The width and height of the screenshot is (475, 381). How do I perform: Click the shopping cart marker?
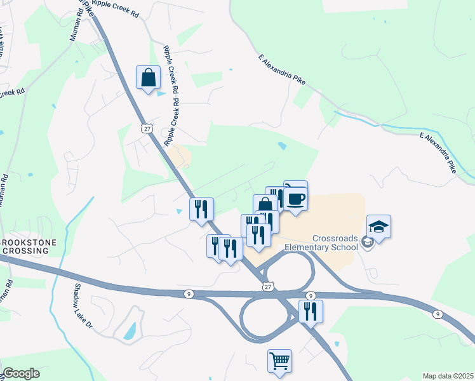279,361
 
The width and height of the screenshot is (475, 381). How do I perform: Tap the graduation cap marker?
378,227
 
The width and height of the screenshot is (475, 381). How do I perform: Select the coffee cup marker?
295,199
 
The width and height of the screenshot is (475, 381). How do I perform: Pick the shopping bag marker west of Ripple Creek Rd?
148,78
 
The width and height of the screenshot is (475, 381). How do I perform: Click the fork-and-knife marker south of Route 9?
311,311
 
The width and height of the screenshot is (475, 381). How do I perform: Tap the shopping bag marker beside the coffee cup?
265,205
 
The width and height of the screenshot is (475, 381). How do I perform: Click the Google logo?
21,373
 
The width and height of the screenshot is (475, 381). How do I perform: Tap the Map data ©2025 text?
447,376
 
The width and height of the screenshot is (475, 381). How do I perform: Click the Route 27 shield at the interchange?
269,287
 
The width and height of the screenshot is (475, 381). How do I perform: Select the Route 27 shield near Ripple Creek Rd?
147,129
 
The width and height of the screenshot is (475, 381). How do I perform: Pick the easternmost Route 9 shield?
438,314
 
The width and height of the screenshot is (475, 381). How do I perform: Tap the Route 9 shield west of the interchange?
189,293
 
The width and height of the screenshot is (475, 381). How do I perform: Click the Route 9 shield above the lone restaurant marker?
311,296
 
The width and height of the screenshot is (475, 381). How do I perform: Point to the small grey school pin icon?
371,243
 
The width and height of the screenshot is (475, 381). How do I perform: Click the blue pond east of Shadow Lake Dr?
130,331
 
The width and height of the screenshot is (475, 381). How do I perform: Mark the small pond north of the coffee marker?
281,146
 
